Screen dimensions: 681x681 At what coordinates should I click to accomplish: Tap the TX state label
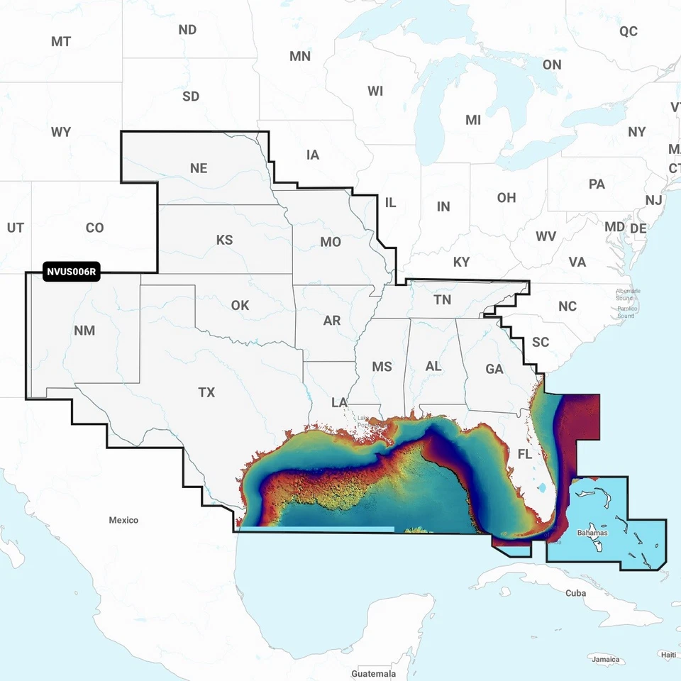click(206, 392)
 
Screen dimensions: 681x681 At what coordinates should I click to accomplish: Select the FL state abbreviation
click(525, 454)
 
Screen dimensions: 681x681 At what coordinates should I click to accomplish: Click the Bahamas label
click(592, 532)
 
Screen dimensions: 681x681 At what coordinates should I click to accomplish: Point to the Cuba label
click(575, 593)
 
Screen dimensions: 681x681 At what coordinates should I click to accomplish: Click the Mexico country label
click(123, 520)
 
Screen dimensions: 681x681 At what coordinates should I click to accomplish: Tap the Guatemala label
click(373, 673)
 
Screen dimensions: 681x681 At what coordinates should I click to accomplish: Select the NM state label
click(84, 331)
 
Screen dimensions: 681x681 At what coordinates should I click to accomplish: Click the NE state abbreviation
click(199, 168)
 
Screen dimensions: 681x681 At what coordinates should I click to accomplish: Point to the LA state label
click(339, 402)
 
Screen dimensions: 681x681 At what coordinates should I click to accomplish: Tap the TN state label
click(442, 300)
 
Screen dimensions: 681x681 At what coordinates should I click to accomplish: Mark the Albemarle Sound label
click(628, 294)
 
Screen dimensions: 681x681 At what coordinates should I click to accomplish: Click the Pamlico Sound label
click(626, 311)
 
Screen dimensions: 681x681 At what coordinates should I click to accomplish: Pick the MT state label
click(61, 41)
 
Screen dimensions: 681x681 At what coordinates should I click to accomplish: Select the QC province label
click(629, 31)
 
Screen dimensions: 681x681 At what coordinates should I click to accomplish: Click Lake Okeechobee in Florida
click(543, 488)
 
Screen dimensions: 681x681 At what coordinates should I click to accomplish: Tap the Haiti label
click(667, 654)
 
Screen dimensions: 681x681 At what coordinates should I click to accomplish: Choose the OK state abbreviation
click(240, 305)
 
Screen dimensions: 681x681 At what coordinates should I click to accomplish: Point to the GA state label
click(494, 369)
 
